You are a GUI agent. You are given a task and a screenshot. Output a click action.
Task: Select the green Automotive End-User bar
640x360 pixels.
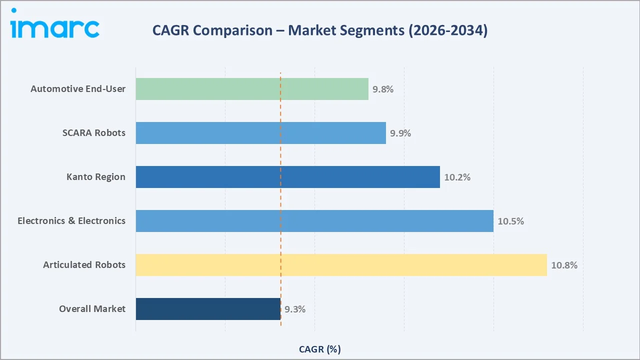coord(252,89)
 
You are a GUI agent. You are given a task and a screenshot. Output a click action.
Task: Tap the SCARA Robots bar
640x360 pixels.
coord(260,133)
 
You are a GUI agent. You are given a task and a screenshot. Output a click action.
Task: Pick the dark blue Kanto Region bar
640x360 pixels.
coord(287,177)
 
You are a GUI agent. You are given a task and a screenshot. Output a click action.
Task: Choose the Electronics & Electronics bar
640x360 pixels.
coord(314,221)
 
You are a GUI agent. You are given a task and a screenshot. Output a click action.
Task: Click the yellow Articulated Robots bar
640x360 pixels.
coord(341,265)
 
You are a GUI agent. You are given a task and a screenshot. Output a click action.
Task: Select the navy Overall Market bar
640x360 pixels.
coord(208,309)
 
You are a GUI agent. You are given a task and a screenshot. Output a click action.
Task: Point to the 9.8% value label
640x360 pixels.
coord(383,89)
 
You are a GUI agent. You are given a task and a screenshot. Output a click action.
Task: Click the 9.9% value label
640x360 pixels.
coord(400,133)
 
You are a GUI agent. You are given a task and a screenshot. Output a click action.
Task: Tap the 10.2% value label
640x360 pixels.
coord(457,177)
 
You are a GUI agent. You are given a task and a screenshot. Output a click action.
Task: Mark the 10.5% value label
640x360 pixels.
coord(511,221)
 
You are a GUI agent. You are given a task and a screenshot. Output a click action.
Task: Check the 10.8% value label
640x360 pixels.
coord(564,265)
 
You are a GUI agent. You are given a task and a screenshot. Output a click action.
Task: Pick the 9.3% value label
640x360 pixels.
coord(295,309)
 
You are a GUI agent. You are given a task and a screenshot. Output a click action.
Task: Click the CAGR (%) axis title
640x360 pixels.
coord(320,349)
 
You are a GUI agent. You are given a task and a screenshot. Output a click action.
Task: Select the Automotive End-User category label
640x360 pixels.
coord(78,89)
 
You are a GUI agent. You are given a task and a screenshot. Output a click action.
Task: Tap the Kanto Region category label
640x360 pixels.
coord(96,177)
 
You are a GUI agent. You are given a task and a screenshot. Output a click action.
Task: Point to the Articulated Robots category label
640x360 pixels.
coord(84,265)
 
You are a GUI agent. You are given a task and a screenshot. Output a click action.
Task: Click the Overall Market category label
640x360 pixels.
coord(92,309)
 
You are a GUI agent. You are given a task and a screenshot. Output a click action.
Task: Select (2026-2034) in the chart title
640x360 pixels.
coord(448,30)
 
